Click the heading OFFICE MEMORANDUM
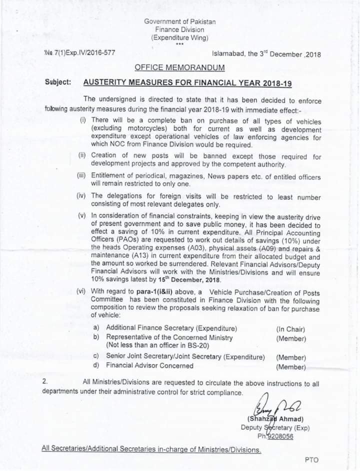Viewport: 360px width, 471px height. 179,67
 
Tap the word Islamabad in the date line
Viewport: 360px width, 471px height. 227,54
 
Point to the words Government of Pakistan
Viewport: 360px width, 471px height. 180,21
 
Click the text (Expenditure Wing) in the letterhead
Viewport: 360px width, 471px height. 180,37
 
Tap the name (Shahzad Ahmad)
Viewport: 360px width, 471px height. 275,418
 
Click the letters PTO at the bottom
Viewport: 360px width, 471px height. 311,460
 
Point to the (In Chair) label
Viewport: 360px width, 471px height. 290,329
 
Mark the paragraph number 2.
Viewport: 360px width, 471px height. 45,381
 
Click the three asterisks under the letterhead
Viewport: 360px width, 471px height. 180,44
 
